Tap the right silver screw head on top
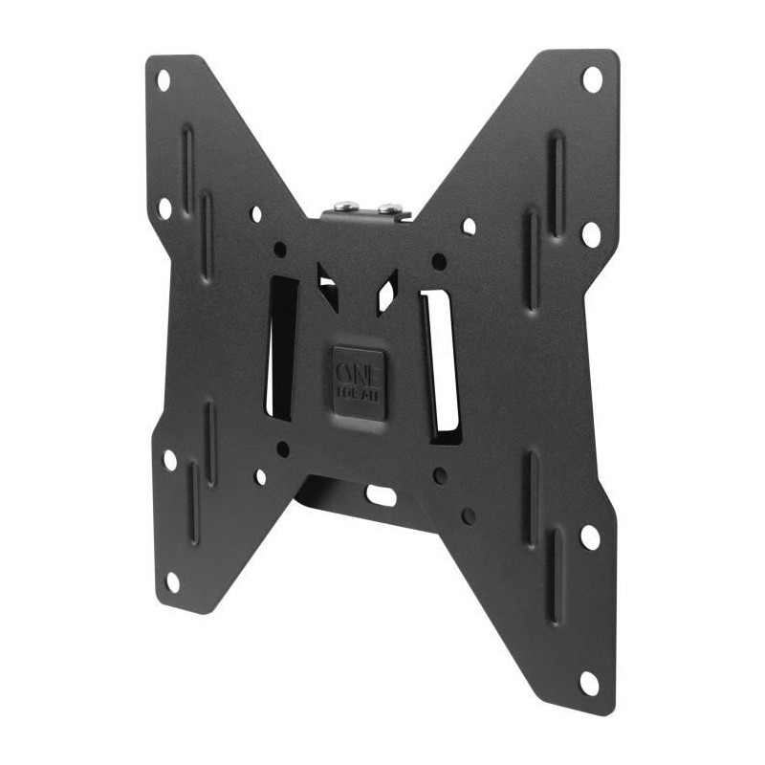pos(388,208)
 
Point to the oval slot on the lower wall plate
pos(381,495)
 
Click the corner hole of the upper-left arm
pos(163,80)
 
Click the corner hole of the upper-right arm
pos(592,78)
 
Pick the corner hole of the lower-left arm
pos(172,580)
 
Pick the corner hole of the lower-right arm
pos(589,683)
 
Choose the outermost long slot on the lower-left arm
pos(192,503)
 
